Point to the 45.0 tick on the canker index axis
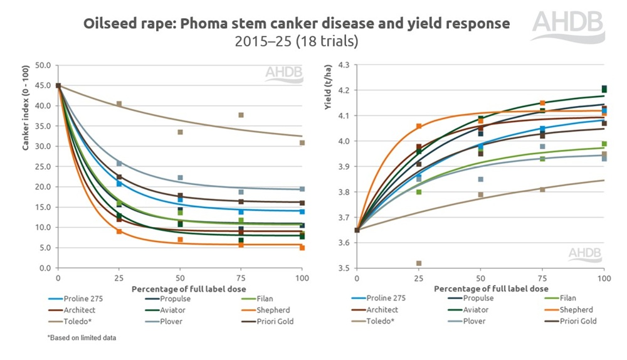[x=43, y=85]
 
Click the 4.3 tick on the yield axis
[x=342, y=65]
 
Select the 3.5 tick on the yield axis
[x=342, y=268]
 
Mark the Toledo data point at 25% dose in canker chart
[x=119, y=103]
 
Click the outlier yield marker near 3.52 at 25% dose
[x=419, y=263]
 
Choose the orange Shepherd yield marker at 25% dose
[x=419, y=126]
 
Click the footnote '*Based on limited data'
[x=82, y=338]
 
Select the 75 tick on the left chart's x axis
[x=241, y=277]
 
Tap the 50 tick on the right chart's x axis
[x=480, y=277]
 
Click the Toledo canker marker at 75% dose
[x=241, y=115]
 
